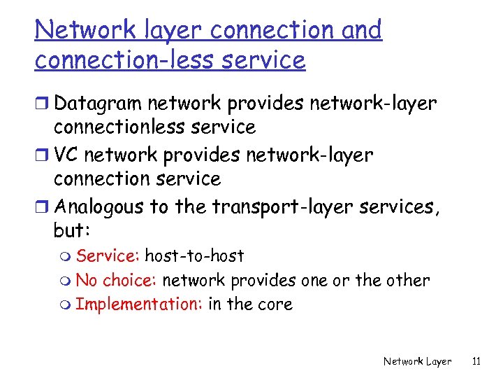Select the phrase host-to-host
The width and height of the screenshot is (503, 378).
(x=194, y=256)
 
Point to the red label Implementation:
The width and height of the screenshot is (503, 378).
(x=139, y=304)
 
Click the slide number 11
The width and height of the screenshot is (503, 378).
(x=476, y=361)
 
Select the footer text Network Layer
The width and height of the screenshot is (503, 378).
(x=417, y=361)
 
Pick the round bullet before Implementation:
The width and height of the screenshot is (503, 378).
(x=68, y=305)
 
